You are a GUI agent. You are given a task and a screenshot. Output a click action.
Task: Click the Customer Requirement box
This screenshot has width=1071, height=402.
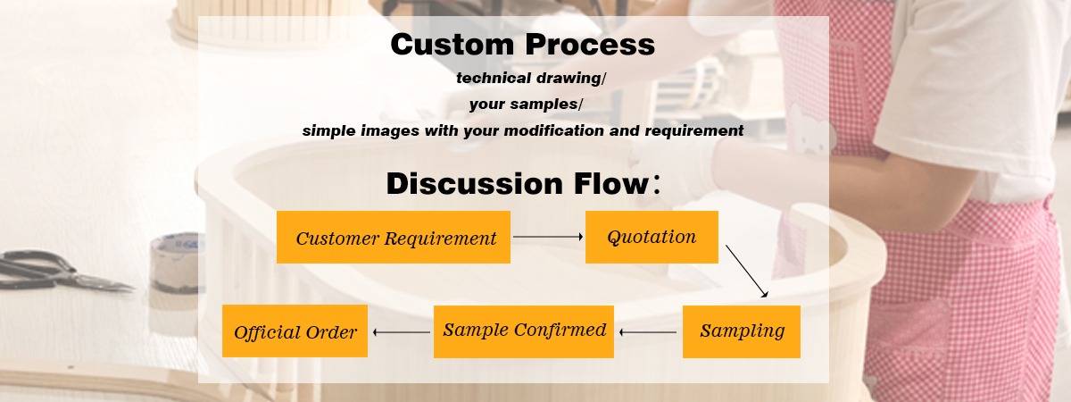pos(394,238)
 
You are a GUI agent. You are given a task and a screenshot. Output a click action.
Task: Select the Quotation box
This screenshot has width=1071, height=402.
pos(652,237)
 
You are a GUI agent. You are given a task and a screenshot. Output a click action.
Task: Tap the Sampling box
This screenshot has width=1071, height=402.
pos(742,331)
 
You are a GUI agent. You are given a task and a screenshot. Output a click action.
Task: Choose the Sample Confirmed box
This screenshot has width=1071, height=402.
pos(524,331)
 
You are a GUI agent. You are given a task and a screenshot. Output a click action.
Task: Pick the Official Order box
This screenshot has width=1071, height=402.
pos(295,331)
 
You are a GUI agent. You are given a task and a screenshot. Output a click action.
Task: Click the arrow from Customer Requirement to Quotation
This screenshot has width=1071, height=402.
pos(548,237)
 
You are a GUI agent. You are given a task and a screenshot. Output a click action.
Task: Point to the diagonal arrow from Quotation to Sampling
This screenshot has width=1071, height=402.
pos(746,270)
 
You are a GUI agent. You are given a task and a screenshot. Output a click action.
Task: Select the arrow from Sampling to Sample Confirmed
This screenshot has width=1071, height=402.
pos(648,332)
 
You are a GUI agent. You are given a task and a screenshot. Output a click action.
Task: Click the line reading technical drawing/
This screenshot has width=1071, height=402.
pos(531,78)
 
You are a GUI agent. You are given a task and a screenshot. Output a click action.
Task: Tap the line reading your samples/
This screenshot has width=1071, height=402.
pos(526,105)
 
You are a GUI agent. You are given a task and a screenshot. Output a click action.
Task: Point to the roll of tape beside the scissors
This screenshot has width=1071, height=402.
pos(175,264)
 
